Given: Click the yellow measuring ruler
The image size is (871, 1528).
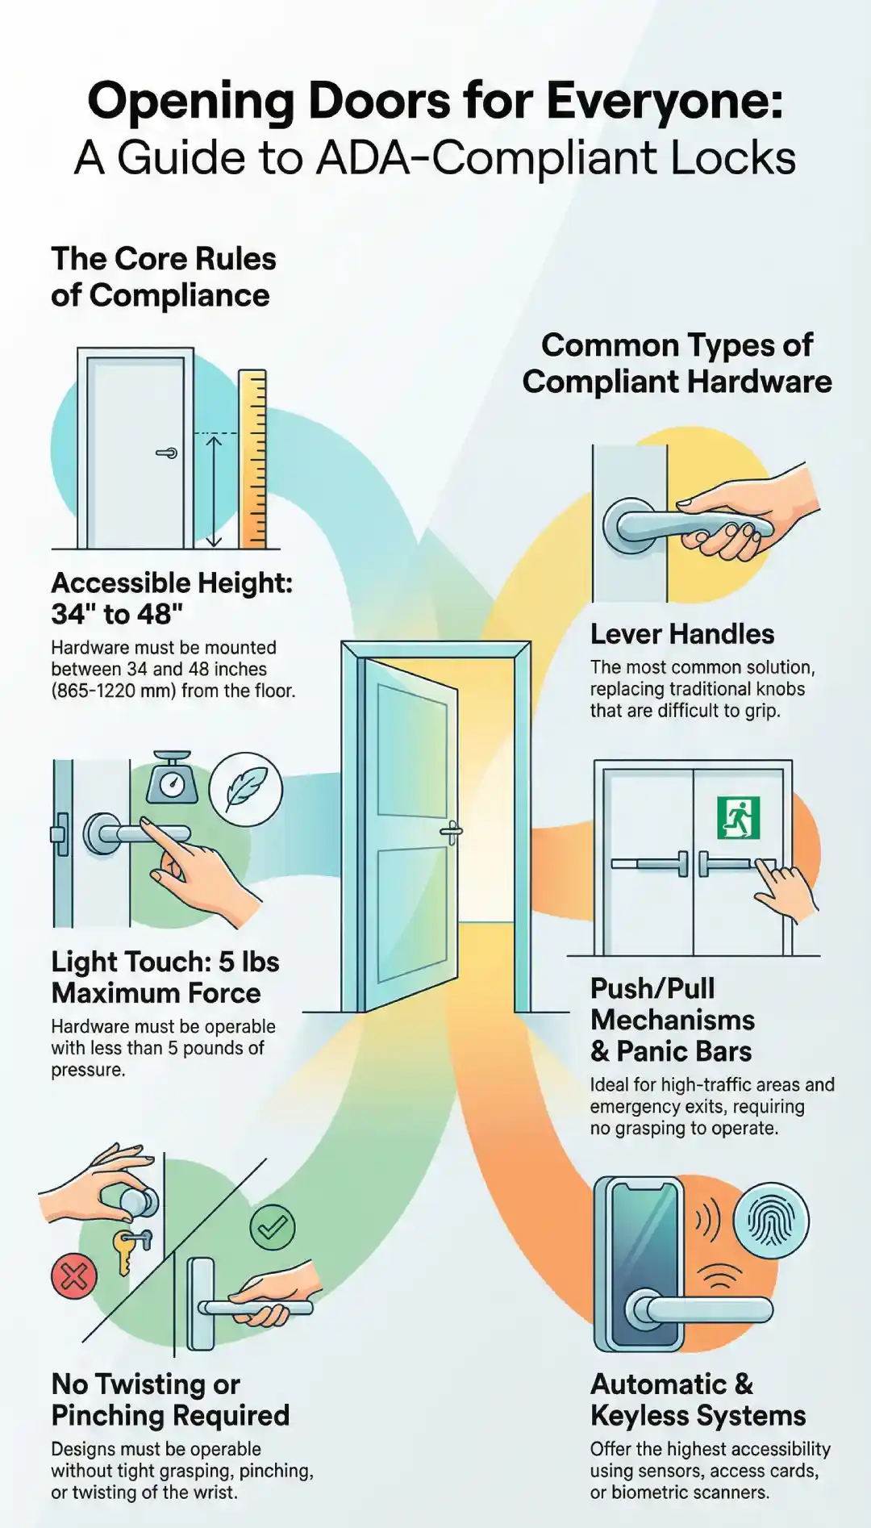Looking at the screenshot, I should click(252, 459).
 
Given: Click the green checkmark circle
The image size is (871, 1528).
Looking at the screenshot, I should click(273, 1227).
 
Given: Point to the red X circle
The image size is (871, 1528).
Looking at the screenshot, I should click(74, 1275).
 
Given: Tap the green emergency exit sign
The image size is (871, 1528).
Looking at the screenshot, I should click(739, 817).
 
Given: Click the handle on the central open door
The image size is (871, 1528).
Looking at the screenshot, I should click(451, 831).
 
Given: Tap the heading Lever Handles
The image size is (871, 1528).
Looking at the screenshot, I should click(681, 634).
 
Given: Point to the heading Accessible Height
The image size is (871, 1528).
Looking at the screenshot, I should click(172, 582).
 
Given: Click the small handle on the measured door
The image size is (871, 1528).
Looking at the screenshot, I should click(167, 453).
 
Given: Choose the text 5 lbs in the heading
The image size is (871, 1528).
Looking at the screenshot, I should click(248, 962).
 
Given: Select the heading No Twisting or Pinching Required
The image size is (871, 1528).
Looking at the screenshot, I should click(170, 1400).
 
